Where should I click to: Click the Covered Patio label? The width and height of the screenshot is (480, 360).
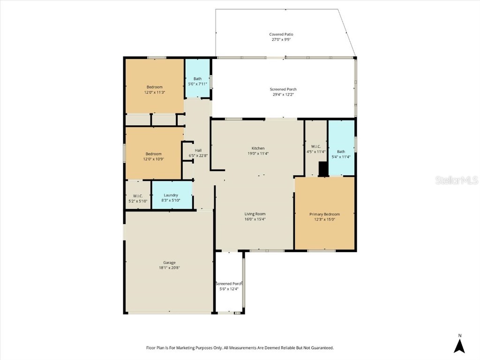[281, 34]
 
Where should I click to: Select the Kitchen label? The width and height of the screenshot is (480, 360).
[258, 148]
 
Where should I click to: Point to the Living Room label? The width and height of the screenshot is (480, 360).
[255, 214]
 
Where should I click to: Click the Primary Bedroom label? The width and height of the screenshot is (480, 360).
[324, 214]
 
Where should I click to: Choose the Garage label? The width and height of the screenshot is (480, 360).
[169, 262]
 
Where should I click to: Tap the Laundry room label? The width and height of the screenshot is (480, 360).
[171, 195]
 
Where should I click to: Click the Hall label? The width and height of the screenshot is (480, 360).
[198, 150]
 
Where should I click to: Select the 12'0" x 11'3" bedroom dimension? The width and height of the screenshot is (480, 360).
[154, 93]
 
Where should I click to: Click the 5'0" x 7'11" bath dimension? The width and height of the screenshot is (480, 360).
[197, 84]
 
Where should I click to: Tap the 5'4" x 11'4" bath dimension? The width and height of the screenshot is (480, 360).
[341, 157]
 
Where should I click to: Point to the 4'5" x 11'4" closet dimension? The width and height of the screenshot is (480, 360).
[315, 151]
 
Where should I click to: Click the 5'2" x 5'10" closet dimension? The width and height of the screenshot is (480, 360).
[138, 201]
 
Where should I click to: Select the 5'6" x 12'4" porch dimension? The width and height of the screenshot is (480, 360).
[229, 289]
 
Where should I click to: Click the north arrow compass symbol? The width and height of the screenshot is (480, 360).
[460, 346]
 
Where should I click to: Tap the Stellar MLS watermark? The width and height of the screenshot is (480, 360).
[456, 180]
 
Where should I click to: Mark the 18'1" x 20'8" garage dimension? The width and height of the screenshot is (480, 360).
[169, 268]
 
